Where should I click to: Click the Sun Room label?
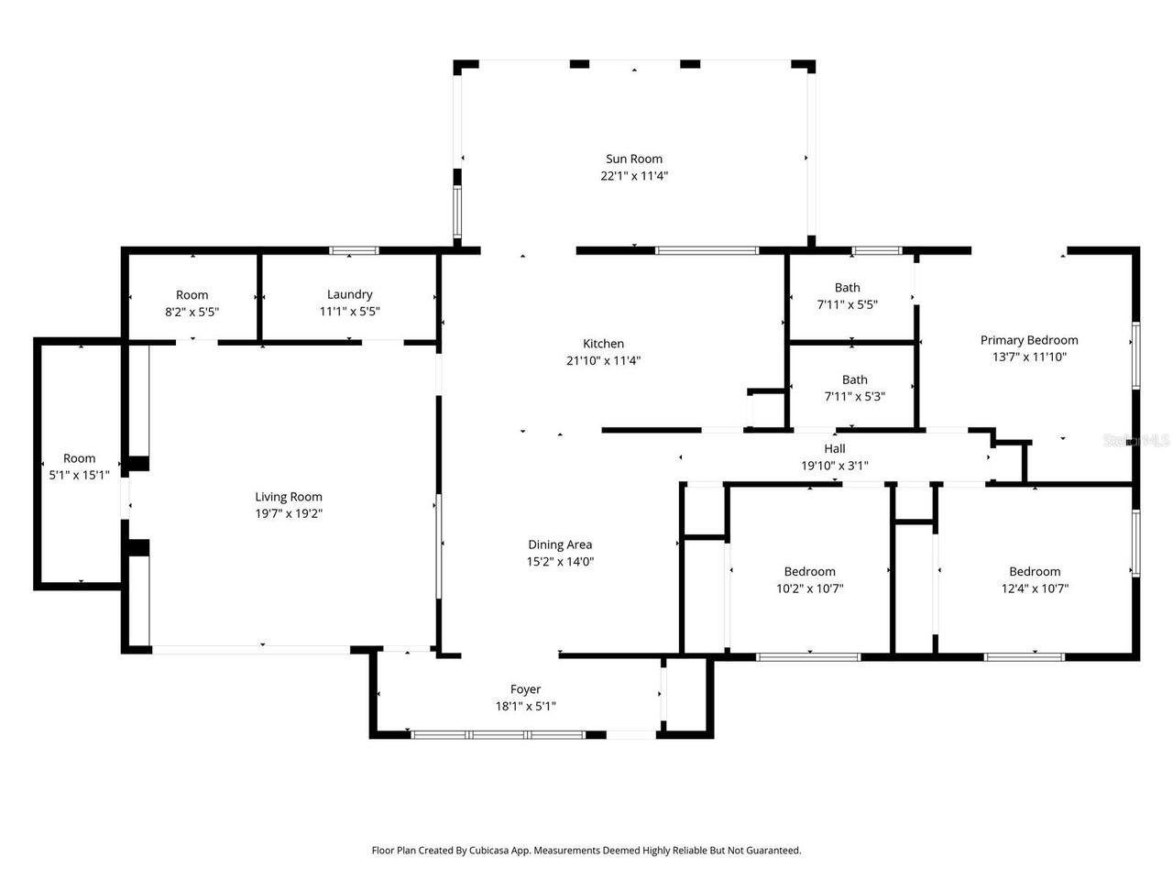point(634,159)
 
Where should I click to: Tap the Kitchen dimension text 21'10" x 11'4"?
point(603,360)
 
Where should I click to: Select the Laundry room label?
point(349,294)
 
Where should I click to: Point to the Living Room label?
point(289,497)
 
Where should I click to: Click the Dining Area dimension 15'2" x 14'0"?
point(560,562)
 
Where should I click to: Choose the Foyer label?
point(525,689)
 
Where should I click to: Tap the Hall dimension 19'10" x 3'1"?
point(834,466)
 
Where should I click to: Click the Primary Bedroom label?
point(1029,340)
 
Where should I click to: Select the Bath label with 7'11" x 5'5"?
point(847,288)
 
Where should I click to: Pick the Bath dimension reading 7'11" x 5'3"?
point(854,396)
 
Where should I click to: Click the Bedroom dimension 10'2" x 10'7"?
point(809,588)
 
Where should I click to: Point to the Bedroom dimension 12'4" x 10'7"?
point(1035,588)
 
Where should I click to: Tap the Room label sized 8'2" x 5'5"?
point(192,295)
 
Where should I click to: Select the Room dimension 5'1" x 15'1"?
point(79,475)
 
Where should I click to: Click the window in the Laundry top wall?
point(354,250)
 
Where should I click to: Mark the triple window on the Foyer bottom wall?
point(498,735)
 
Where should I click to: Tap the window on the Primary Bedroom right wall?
point(1136,356)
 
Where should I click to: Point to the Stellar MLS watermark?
point(1135,440)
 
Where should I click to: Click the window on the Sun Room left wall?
point(457,211)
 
